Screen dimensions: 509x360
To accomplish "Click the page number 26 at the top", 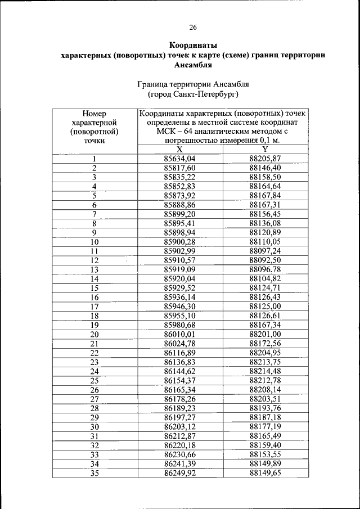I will click(193, 27).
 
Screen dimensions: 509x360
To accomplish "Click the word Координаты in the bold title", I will click(193, 44).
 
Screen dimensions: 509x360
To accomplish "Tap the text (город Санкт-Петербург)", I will click(193, 94).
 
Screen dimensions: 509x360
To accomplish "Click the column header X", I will click(179, 149).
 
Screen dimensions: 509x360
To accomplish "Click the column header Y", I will click(265, 149).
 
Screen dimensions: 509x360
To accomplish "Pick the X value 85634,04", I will click(179, 159).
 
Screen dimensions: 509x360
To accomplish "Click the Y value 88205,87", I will click(265, 159).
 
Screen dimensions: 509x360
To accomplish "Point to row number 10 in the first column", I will click(94, 242).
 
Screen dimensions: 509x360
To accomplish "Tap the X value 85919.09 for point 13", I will click(179, 269).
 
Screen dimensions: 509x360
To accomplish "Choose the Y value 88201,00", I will click(265, 334).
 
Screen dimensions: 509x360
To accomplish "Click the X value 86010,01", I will click(179, 334).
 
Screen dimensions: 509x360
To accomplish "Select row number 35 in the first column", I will click(94, 472).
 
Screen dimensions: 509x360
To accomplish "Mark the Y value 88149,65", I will click(265, 472).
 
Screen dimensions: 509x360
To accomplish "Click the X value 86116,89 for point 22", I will click(179, 352).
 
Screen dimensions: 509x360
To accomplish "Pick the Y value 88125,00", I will click(265, 306).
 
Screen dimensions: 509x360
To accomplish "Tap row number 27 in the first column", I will click(94, 399).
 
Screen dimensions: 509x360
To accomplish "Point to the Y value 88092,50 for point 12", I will click(265, 260).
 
